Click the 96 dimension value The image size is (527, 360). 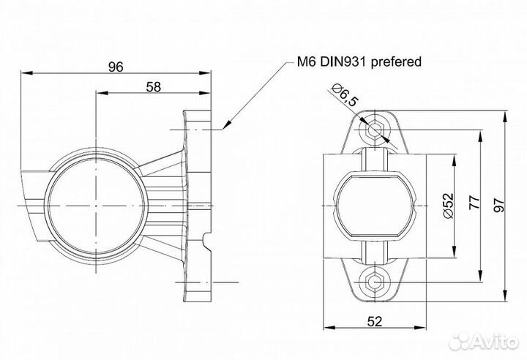click(x=115, y=67)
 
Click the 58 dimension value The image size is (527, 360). click(x=154, y=86)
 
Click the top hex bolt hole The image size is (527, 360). click(x=374, y=129)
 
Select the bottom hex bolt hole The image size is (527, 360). click(x=374, y=281)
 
